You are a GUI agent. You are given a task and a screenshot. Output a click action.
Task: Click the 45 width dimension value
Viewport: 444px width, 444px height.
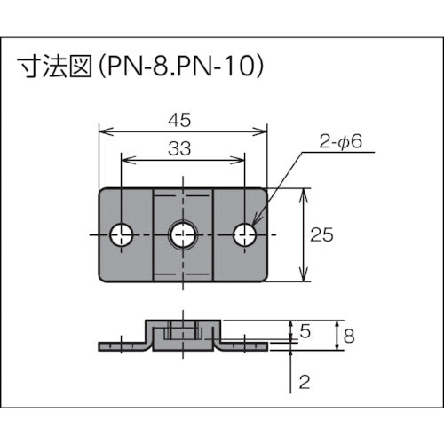[183, 116]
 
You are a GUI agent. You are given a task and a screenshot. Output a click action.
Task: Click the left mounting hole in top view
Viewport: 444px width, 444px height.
[123, 234]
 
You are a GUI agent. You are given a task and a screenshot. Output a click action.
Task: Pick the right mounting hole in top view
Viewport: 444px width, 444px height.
[244, 234]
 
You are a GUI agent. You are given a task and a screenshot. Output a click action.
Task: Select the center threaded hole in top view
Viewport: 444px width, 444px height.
[183, 234]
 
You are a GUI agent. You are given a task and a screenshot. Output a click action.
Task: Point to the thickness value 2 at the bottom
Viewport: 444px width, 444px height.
[305, 384]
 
